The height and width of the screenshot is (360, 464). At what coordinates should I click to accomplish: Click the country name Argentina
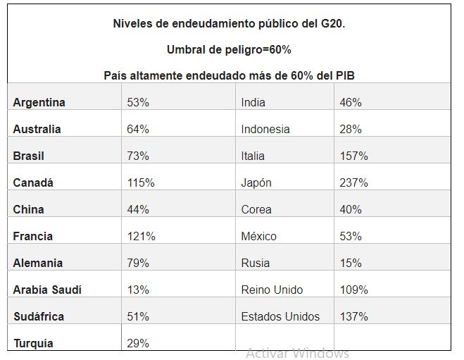(39, 102)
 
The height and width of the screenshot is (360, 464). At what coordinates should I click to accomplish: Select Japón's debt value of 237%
(353, 182)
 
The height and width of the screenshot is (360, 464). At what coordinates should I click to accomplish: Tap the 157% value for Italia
(353, 156)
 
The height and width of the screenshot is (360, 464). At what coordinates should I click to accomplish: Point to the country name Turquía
(33, 344)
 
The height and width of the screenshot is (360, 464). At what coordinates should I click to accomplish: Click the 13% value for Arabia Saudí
(138, 290)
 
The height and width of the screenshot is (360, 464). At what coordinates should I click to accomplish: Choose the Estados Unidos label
(280, 316)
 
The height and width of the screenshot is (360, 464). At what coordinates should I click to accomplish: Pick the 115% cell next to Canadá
(141, 182)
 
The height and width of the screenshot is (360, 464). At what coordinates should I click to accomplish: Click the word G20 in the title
(332, 24)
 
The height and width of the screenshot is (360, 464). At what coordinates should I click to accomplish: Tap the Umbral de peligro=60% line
(229, 50)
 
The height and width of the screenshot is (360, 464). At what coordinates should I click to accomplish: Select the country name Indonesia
(265, 129)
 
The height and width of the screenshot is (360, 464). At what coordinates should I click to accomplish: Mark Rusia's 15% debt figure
(350, 263)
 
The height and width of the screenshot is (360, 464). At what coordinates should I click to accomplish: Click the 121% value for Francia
(141, 236)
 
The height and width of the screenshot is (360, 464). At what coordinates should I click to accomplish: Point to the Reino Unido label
(272, 290)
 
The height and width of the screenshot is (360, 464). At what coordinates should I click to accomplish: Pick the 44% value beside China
(138, 209)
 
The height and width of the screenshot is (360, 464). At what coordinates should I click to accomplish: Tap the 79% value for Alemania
(138, 263)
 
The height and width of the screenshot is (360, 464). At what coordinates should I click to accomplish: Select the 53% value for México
(350, 236)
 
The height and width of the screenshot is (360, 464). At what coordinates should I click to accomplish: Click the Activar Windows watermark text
(297, 353)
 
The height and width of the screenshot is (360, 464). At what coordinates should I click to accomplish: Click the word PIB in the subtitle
(353, 75)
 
